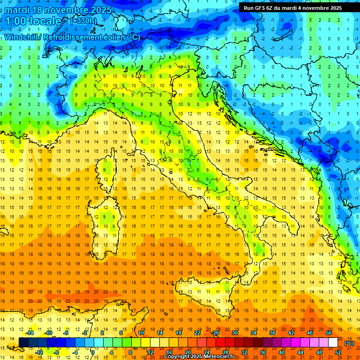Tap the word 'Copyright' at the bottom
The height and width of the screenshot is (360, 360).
tap(177, 357)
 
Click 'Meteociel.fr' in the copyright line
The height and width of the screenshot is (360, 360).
tap(218, 357)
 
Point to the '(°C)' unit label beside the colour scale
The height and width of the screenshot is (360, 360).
tap(349, 343)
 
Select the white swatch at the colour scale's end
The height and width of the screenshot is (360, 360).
tap(333, 343)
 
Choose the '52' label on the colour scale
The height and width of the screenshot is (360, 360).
tap(338, 352)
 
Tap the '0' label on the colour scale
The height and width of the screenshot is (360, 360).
tap(93, 352)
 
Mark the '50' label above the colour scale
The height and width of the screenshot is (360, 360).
tap(329, 333)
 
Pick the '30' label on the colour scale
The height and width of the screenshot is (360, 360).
tap(235, 333)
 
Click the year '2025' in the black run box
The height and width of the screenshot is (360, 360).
tap(335, 8)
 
